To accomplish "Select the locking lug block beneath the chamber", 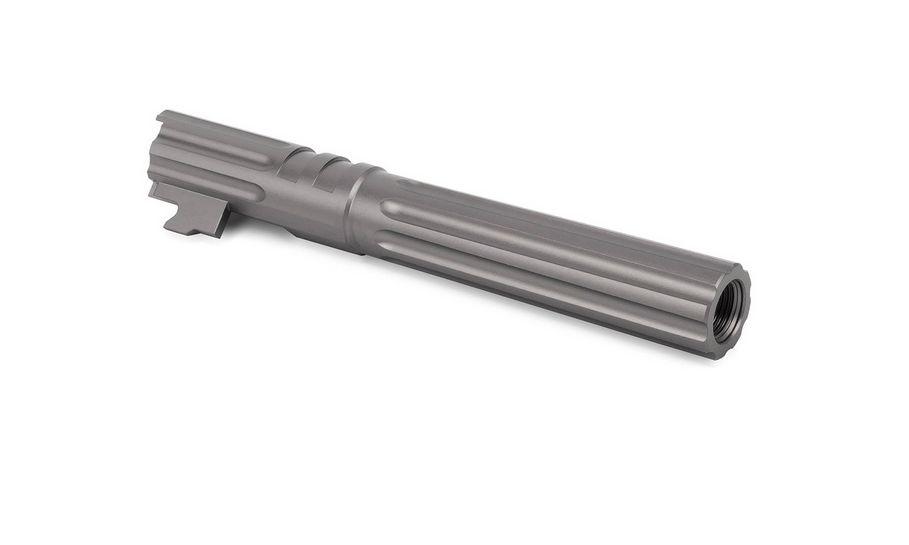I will point(188,209).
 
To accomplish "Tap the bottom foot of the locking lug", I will point(188,233).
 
